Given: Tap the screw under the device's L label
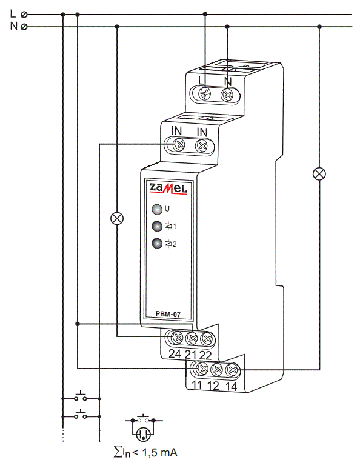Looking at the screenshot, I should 205,94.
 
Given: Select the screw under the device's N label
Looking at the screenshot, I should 228,94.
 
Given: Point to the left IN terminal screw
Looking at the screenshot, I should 179,144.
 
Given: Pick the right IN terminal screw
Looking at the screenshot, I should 202,144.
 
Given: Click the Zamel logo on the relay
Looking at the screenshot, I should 168,190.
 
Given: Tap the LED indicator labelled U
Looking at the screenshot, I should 157,210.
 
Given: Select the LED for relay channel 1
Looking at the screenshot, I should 157,227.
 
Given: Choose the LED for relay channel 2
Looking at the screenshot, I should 157,244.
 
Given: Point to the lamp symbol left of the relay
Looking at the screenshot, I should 117,218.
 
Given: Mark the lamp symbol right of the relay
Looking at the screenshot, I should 319,173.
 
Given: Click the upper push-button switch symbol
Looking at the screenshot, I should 81,398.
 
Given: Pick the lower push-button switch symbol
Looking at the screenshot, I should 81,415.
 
